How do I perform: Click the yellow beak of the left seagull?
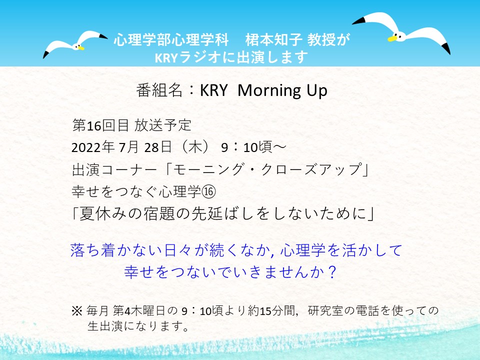pos(81,48)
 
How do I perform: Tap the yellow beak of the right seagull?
pos(391,38)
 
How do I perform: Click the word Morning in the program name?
pos(265,91)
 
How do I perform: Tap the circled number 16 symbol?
pos(209,191)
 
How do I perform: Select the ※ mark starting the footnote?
pos(76,311)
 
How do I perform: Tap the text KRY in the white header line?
pos(166,57)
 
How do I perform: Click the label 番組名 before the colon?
pos(159,90)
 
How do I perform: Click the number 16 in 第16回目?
pos(94,126)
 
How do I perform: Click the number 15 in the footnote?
pos(265,311)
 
